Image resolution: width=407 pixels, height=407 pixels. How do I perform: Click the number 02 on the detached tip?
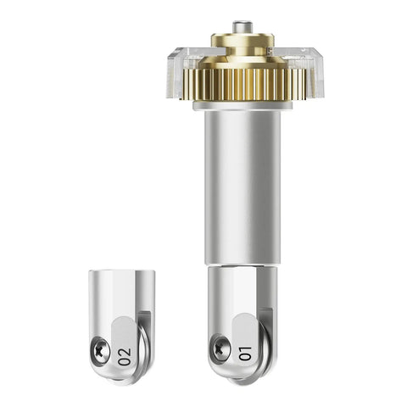point(125,357)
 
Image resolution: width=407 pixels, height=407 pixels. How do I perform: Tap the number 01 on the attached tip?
point(245,354)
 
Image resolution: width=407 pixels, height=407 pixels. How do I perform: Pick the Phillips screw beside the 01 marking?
point(220,348)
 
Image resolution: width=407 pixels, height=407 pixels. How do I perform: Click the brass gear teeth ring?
point(245,84)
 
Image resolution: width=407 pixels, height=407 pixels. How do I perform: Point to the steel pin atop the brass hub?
point(243,27)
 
